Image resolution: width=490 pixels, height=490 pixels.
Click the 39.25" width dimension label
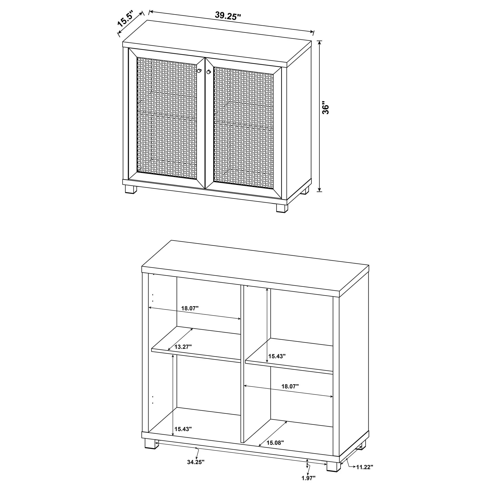point(228,15)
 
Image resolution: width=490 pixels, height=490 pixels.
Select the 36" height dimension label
point(325,108)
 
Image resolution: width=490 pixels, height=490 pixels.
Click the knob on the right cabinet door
point(209,72)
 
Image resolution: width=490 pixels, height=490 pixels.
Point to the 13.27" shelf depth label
point(183,347)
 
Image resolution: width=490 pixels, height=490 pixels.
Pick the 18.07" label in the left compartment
point(190,308)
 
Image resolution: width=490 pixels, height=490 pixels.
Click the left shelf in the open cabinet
point(196,344)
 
